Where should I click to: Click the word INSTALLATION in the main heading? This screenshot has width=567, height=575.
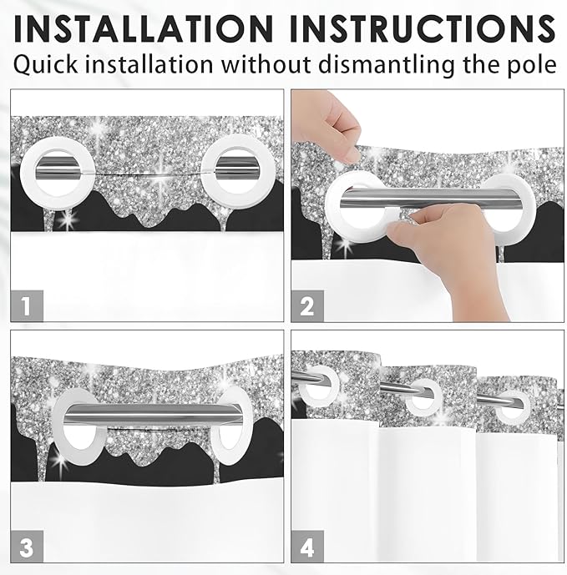point(144,28)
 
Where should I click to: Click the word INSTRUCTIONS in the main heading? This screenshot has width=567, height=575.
point(423,28)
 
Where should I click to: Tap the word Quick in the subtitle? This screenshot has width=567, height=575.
point(45,65)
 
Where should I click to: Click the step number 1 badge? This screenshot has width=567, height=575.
point(27,306)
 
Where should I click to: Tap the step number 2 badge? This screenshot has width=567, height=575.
point(307,306)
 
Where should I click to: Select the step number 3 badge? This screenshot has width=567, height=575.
point(27,547)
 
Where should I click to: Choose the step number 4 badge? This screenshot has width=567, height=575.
point(307,547)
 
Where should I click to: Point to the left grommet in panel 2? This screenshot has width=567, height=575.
point(332,205)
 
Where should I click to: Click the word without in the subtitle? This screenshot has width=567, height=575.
point(266,65)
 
